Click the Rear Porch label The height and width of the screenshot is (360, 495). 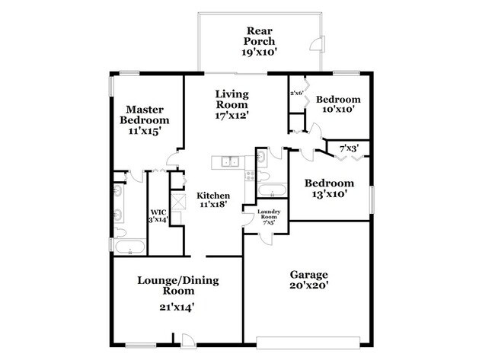click(x=260, y=36)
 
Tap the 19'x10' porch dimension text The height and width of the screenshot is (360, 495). click(x=260, y=53)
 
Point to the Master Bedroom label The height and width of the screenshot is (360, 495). click(x=147, y=115)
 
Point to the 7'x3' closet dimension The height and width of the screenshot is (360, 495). click(x=348, y=147)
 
